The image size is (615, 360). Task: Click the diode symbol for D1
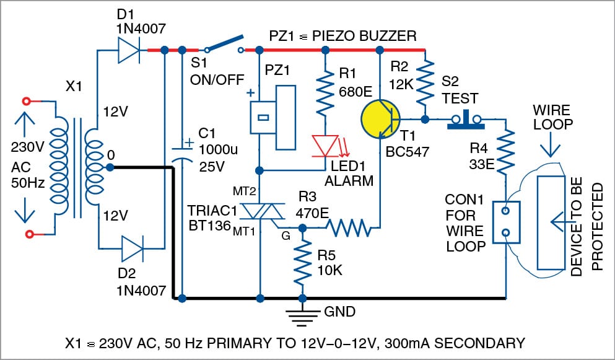128,50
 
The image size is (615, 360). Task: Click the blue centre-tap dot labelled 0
109,167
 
